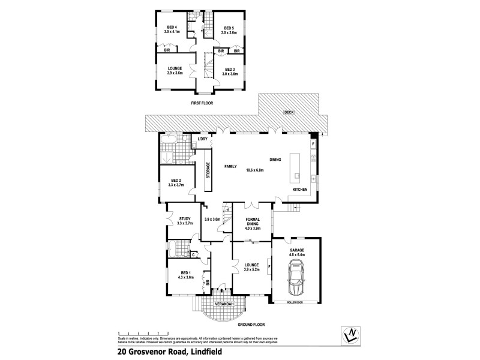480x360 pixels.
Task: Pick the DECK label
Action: click(x=289, y=112)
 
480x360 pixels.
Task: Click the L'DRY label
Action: click(x=203, y=139)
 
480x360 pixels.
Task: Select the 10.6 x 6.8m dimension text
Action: click(x=256, y=170)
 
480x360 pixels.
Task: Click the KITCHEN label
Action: click(x=300, y=190)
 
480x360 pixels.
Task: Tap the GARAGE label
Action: click(x=298, y=251)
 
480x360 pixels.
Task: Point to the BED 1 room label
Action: click(x=184, y=274)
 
